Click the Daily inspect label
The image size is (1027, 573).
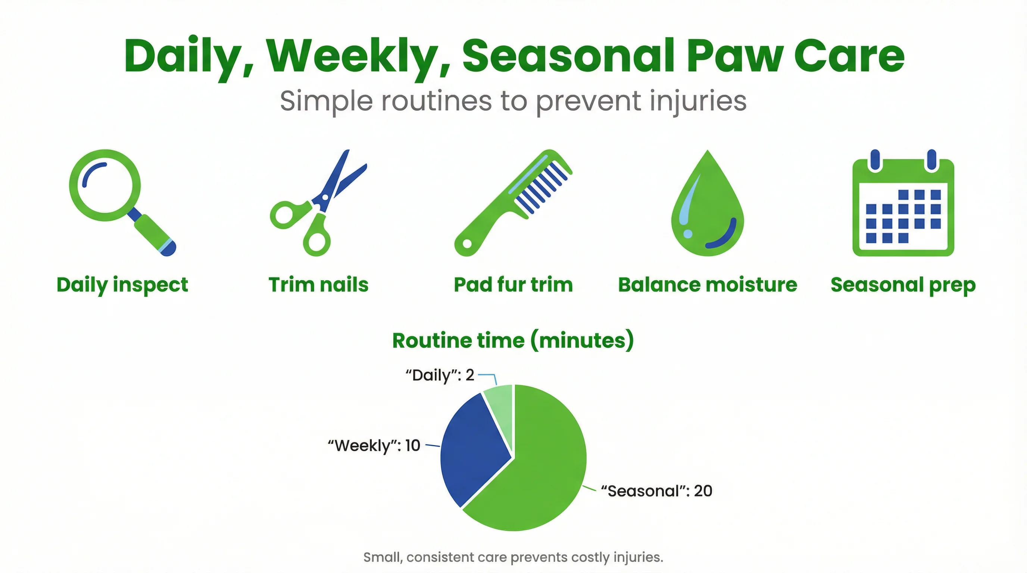pyautogui.click(x=122, y=285)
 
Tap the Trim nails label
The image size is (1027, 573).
pyautogui.click(x=318, y=285)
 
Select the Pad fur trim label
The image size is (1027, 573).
pyautogui.click(x=513, y=285)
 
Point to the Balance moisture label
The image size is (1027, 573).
pyautogui.click(x=707, y=285)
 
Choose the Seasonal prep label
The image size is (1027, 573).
pyautogui.click(x=903, y=285)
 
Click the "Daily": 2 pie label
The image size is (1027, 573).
pyautogui.click(x=440, y=375)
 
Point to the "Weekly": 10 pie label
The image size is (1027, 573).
pyautogui.click(x=374, y=445)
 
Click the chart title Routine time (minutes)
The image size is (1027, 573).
pyautogui.click(x=513, y=340)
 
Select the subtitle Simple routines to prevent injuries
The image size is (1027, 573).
pyautogui.click(x=513, y=101)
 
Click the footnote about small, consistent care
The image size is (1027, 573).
pyautogui.click(x=513, y=557)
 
